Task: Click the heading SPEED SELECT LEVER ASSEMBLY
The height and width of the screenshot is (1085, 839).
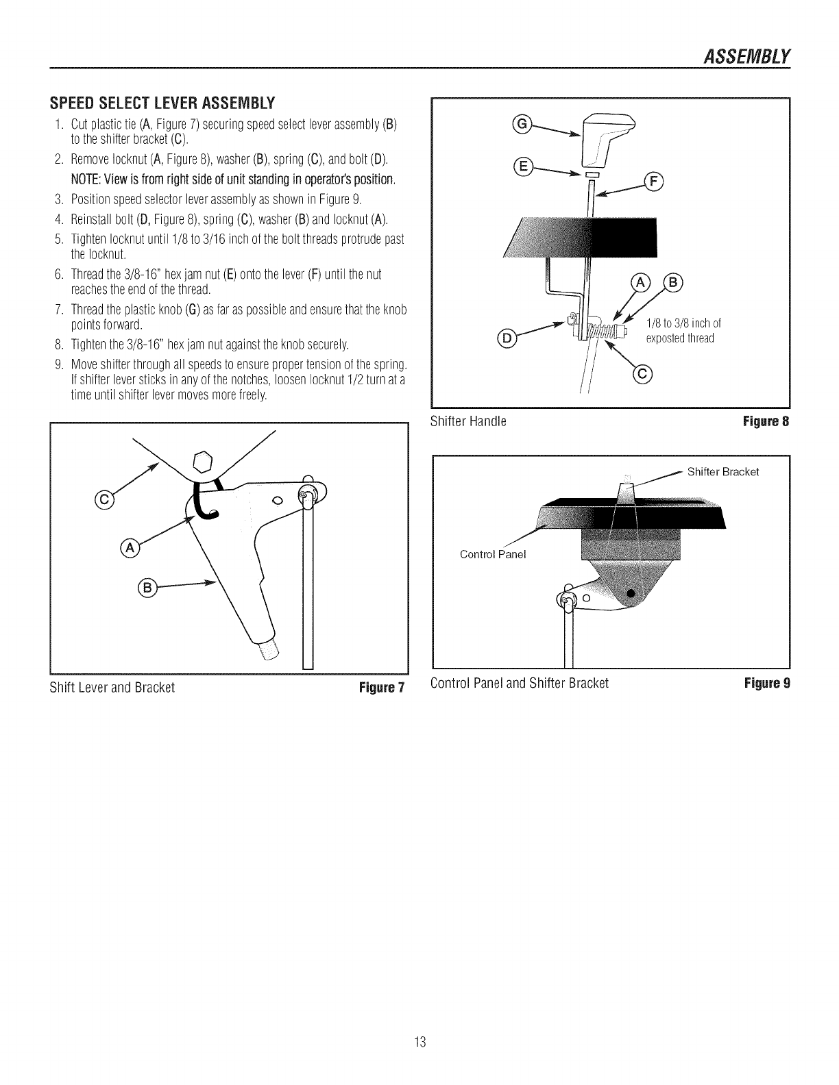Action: click(162, 104)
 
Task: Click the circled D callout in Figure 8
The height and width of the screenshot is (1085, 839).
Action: click(507, 338)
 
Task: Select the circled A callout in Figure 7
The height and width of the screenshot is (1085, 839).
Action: click(129, 547)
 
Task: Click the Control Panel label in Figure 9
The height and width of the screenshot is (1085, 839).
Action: click(492, 554)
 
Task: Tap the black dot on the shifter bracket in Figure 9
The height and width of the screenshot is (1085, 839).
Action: click(631, 593)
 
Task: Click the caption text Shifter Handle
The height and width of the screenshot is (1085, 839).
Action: click(467, 421)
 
